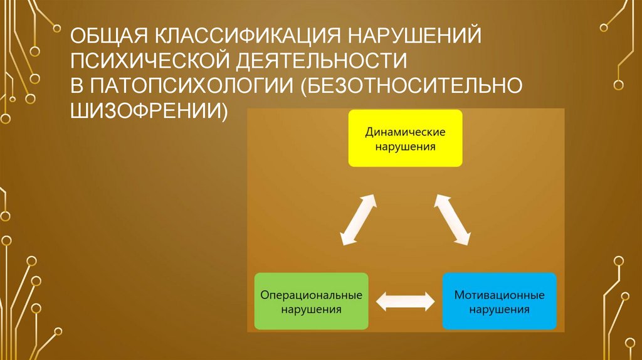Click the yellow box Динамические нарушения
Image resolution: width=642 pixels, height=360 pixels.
point(406,138)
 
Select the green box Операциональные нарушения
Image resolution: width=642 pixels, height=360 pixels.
point(312,301)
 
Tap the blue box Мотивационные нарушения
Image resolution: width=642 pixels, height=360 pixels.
point(500,301)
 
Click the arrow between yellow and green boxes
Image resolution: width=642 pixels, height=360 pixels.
point(358,219)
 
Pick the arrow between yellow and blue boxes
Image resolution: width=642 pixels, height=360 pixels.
point(452,219)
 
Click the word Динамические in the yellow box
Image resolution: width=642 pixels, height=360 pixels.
point(406,132)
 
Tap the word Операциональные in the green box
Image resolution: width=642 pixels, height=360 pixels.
point(312,295)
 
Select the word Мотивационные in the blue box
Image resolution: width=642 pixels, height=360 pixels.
point(500,295)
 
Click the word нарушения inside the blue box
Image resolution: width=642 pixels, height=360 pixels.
point(500,309)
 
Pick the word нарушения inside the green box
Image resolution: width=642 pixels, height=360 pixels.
point(312,309)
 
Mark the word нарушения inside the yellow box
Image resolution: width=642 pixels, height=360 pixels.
point(406,146)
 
